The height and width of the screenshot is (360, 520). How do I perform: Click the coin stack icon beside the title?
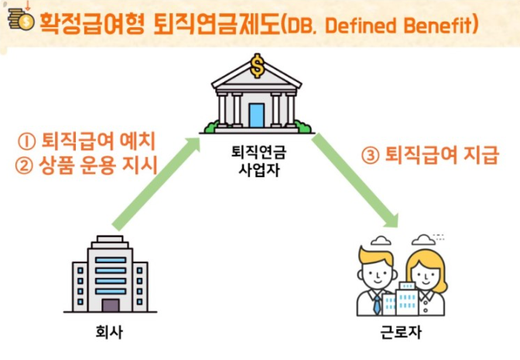click(21, 20)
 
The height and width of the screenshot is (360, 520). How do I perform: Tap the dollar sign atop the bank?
click(257, 66)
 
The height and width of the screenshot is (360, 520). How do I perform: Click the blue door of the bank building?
click(257, 115)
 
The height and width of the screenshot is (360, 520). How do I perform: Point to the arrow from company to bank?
click(156, 183)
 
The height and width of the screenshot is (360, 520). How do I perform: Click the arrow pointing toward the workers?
click(355, 180)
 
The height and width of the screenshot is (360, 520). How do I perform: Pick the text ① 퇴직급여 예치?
click(87, 142)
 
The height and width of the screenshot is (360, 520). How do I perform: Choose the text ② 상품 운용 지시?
click(86, 166)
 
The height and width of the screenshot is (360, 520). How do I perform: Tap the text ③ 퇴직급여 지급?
click(429, 155)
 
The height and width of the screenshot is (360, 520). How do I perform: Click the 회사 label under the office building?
click(109, 332)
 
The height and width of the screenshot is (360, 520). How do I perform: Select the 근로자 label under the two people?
click(401, 332)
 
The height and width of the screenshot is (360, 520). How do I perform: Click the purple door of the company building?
click(111, 306)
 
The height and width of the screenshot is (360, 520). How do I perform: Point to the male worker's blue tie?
click(377, 305)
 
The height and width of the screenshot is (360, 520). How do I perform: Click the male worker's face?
click(378, 274)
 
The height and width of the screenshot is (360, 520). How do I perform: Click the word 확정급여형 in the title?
click(93, 24)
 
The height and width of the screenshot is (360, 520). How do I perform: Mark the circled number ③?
click(370, 156)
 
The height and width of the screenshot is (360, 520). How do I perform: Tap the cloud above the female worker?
click(423, 239)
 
